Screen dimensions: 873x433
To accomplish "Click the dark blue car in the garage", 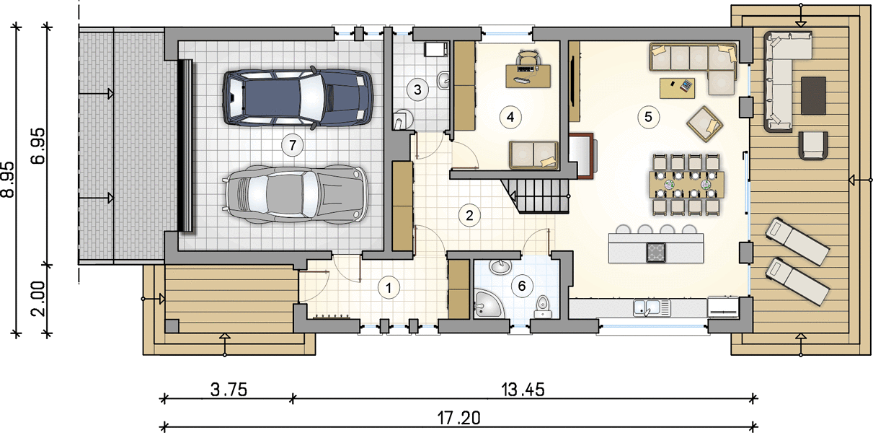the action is tap(298, 97).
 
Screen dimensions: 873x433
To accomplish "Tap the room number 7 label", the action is tap(292, 145).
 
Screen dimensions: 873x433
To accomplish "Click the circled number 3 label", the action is tap(417, 89).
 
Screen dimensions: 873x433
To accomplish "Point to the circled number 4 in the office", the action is tap(510, 117).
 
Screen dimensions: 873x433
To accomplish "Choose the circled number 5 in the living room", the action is tap(648, 117).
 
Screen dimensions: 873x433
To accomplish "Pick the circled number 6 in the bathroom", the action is tap(522, 286).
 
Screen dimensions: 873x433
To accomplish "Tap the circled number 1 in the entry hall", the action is tap(389, 288).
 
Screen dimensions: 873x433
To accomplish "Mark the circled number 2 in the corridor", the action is tap(469, 215).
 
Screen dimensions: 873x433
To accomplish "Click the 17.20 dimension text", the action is tap(458, 418).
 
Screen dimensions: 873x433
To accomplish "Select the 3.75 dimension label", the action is tap(229, 389).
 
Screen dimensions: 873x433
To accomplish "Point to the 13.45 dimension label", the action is tap(523, 389).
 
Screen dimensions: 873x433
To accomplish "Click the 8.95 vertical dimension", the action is tap(8, 180).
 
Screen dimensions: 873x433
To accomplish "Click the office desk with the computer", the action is tap(528, 76).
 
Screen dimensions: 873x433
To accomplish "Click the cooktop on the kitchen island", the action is tap(656, 253).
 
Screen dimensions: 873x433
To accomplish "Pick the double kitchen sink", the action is tap(651, 307).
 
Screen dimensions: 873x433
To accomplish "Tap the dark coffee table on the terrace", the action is tap(813, 95).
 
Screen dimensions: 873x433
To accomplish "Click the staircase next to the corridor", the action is tap(536, 196).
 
